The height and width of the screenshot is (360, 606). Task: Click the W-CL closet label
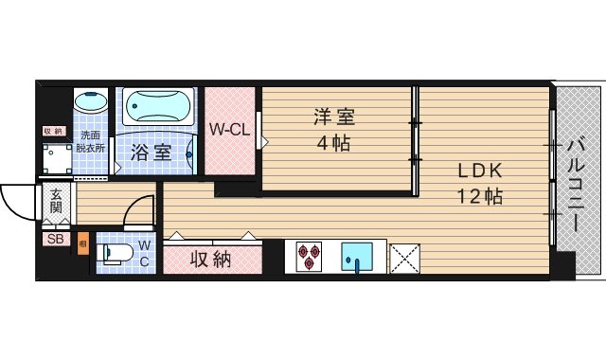pos(229,130)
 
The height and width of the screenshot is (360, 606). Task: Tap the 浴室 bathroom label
pos(151,152)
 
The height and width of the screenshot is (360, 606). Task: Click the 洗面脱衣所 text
pos(93,141)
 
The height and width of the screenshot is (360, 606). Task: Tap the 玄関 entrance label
pos(56,201)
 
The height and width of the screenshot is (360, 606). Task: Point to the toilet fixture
pos(115,254)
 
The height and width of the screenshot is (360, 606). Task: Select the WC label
pos(145,253)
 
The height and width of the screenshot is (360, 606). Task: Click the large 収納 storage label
pos(210,259)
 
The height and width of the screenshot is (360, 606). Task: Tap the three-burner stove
pos(310,257)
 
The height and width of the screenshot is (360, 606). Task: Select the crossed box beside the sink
pos(406,257)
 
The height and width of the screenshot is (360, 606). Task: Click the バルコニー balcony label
pos(577,186)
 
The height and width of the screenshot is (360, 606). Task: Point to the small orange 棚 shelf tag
pos(83,243)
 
